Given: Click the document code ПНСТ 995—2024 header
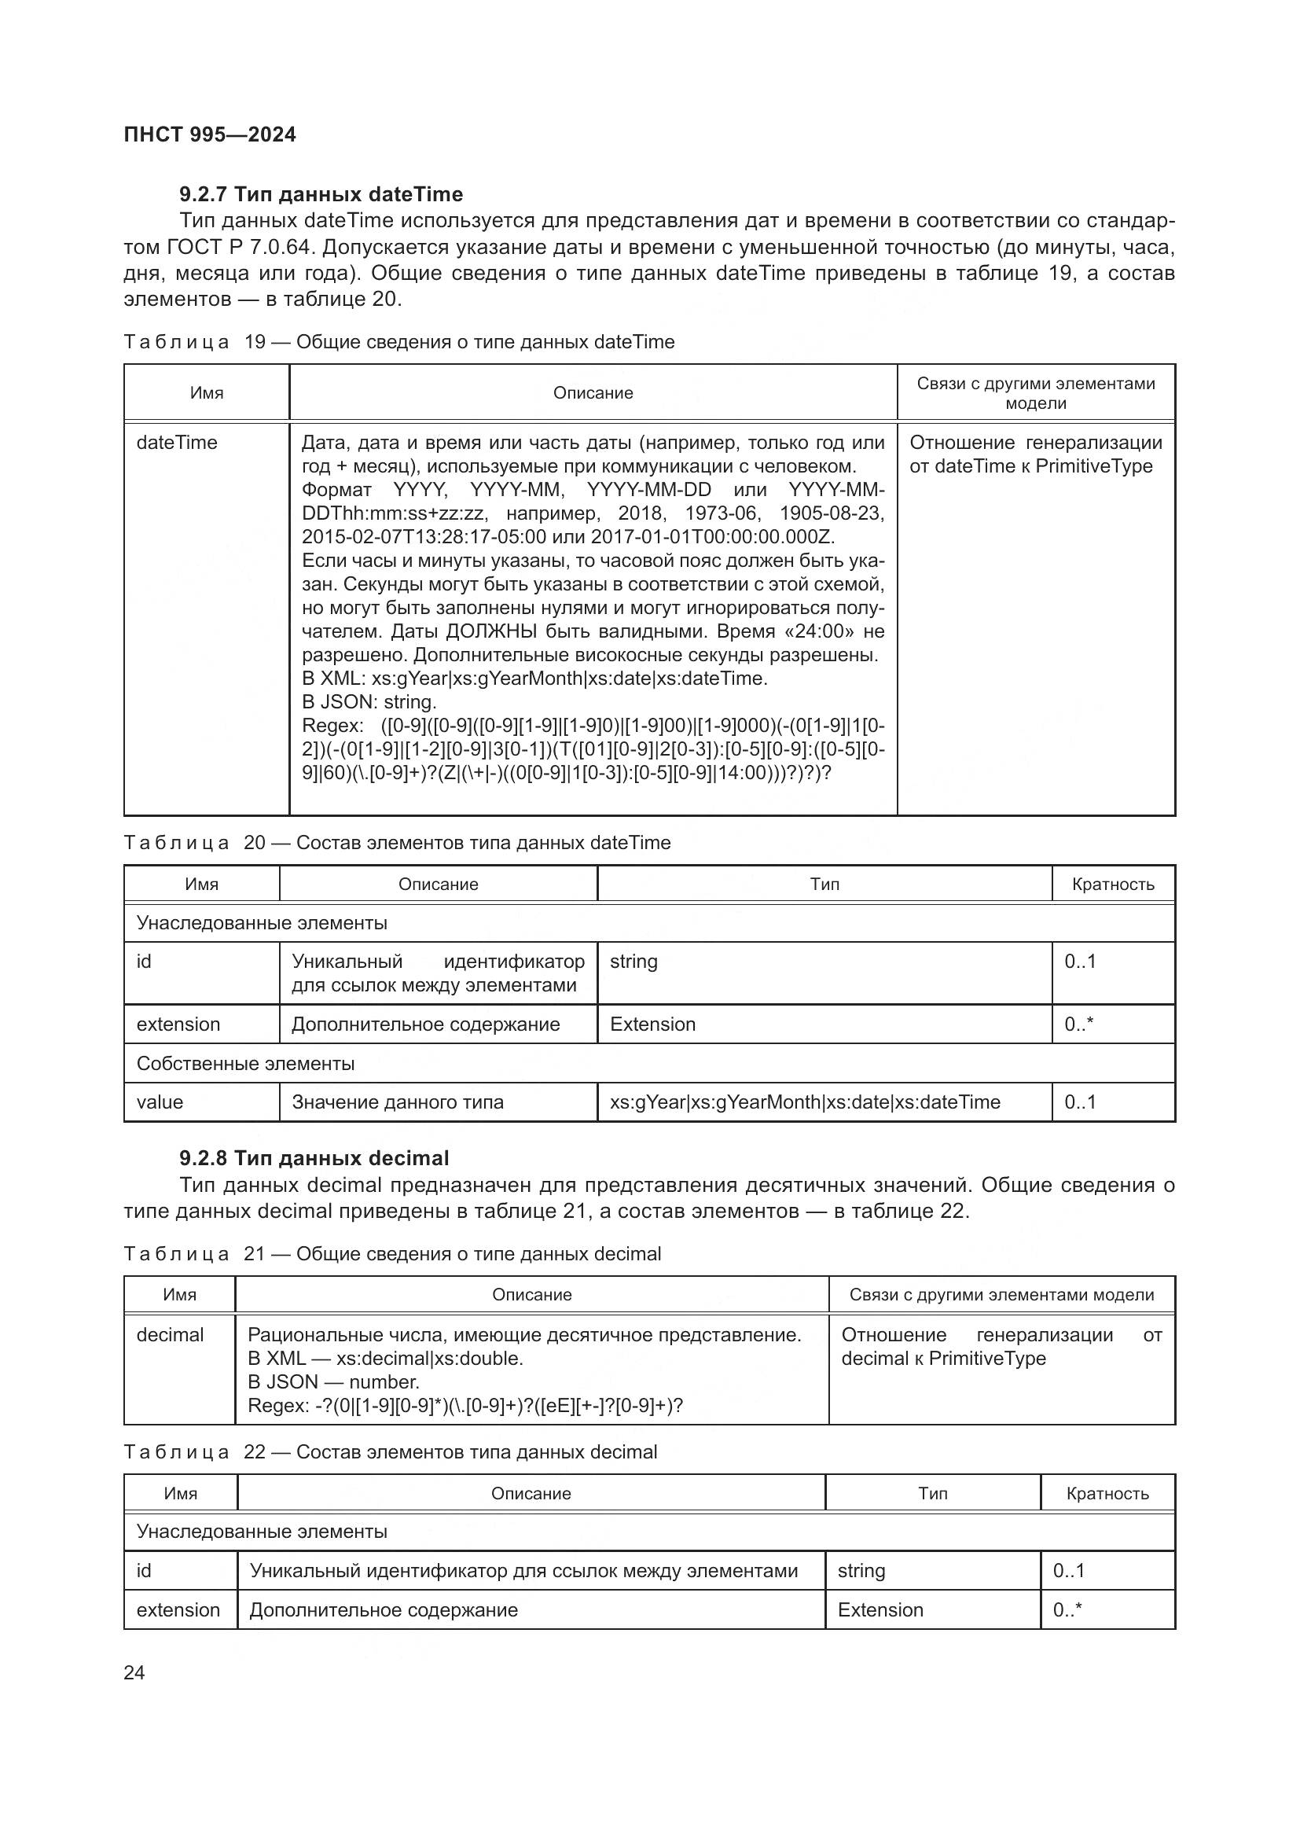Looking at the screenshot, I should click(210, 134).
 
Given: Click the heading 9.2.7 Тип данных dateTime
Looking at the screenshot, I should click(321, 195).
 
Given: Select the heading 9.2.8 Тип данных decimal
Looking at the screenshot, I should click(314, 1158).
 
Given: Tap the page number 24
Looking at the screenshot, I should click(134, 1672).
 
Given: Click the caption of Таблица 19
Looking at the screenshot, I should click(398, 342).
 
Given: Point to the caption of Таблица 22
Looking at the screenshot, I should click(390, 1452).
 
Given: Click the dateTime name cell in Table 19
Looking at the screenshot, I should click(177, 443).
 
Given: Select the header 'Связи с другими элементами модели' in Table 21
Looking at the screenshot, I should click(1001, 1295).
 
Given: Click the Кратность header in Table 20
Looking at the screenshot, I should click(1113, 885).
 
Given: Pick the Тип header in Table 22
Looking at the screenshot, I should click(933, 1494).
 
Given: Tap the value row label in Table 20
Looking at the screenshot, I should click(160, 1102).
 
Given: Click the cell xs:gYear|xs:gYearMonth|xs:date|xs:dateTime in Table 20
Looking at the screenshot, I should click(805, 1102).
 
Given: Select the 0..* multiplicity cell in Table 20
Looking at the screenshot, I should click(1078, 1024).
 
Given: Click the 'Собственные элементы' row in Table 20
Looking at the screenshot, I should click(246, 1064).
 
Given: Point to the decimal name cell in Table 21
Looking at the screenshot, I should click(170, 1335).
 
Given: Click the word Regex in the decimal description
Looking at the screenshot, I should click(277, 1406).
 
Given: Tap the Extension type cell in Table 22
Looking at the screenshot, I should click(880, 1610).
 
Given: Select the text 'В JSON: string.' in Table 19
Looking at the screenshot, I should click(369, 702).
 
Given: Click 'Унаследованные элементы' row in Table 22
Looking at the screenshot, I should click(262, 1532).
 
